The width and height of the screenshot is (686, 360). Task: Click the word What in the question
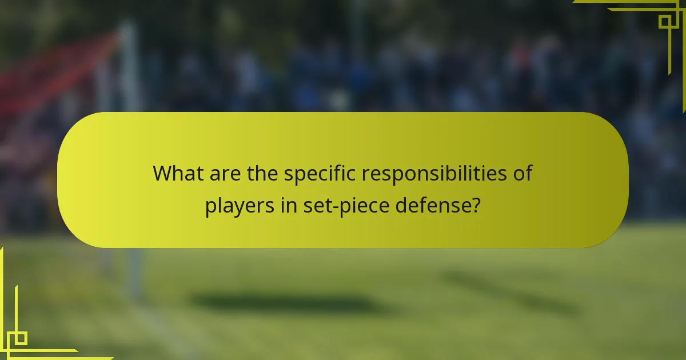[x=175, y=173]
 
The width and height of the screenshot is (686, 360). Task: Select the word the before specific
[x=259, y=173]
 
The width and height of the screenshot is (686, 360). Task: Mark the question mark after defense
[x=476, y=205]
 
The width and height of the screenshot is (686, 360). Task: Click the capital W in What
[x=162, y=173]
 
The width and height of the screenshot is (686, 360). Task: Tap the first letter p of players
[x=210, y=207]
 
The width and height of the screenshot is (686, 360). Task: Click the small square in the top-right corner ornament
[x=665, y=21]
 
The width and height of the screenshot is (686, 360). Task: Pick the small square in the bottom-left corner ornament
[x=21, y=338]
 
